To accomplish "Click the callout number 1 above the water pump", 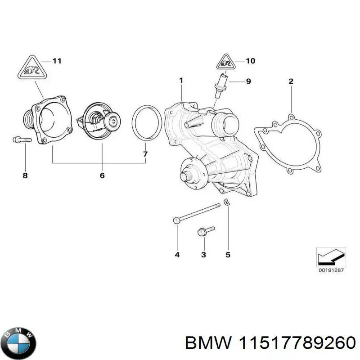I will click(x=181, y=81).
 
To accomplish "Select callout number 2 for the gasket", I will click(x=291, y=81).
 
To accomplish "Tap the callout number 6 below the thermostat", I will click(x=102, y=175).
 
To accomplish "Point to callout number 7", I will click(x=145, y=154).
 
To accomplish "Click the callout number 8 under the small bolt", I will click(x=25, y=175).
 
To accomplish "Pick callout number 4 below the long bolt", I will click(x=177, y=255).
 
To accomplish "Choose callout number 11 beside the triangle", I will click(x=57, y=61).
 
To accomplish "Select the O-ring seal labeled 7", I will click(x=147, y=121).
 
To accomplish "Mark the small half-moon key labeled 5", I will click(x=228, y=202).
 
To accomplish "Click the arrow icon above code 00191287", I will click(x=330, y=257).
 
